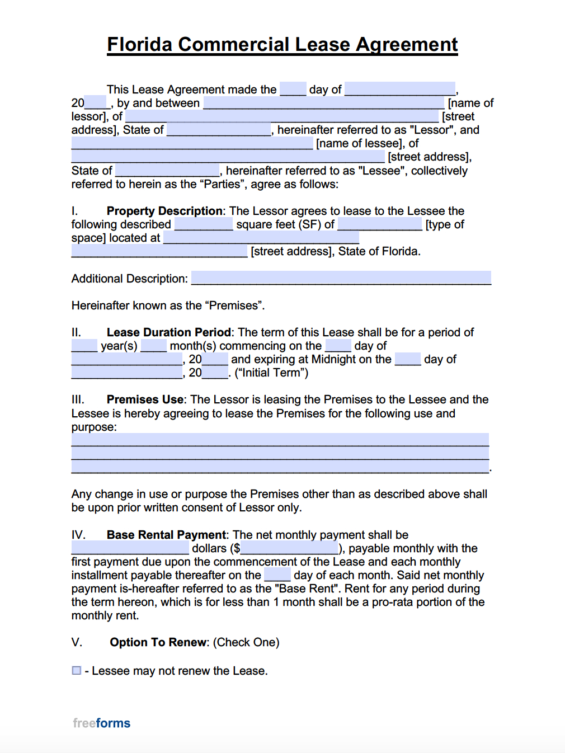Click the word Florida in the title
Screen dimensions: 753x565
click(140, 45)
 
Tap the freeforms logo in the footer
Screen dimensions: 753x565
click(101, 723)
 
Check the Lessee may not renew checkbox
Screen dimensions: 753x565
click(77, 670)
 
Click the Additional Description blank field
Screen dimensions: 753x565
click(341, 278)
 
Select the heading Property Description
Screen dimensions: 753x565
click(164, 211)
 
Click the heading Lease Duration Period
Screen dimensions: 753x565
click(168, 332)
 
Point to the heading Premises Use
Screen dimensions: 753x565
click(145, 399)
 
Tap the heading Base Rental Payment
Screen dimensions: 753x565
click(167, 535)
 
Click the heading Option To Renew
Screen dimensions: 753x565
click(158, 642)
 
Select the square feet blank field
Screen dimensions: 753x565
click(204, 224)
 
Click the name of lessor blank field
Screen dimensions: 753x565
click(323, 103)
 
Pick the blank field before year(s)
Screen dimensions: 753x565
click(84, 346)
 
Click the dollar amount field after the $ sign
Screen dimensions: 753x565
click(289, 548)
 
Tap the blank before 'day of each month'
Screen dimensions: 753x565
click(277, 575)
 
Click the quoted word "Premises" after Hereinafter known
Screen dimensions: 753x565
click(234, 305)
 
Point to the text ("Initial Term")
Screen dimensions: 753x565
click(271, 373)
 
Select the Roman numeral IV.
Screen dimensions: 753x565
click(78, 535)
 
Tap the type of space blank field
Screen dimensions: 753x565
click(380, 224)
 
